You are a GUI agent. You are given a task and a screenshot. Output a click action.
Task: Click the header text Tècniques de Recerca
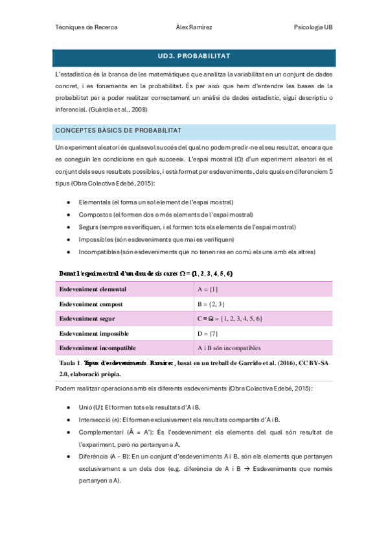pyautogui.click(x=86, y=28)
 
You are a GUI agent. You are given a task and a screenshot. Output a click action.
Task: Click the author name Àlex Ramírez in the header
pyautogui.click(x=194, y=28)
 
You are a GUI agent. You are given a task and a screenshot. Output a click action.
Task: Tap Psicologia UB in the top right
pyautogui.click(x=313, y=28)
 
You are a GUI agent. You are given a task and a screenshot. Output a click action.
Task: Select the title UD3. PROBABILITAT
pyautogui.click(x=194, y=56)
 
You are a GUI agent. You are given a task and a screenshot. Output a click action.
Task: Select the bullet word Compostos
pyautogui.click(x=95, y=215)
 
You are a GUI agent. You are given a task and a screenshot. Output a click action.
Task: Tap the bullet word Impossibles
pyautogui.click(x=96, y=239)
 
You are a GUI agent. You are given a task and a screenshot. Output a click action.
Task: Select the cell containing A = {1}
pyautogui.click(x=208, y=289)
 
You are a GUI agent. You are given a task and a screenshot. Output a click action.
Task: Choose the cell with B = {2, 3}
pyautogui.click(x=211, y=304)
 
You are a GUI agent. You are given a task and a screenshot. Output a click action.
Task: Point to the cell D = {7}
pyautogui.click(x=208, y=334)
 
